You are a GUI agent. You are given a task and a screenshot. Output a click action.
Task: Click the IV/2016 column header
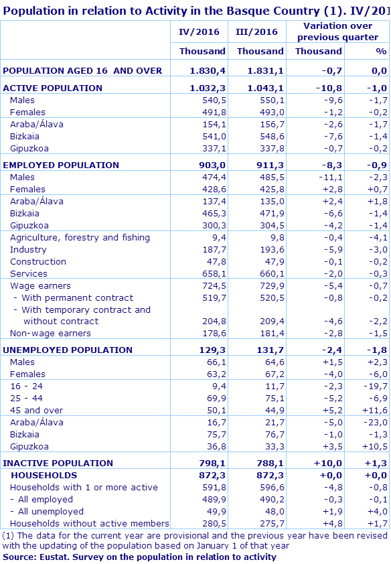pos(199,31)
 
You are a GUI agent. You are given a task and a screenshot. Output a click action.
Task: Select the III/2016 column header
pos(256,31)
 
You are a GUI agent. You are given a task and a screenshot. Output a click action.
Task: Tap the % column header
pos(381,51)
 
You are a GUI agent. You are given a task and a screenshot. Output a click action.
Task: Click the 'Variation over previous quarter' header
pos(337,31)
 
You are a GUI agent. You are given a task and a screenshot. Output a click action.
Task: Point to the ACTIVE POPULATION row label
pos(53,88)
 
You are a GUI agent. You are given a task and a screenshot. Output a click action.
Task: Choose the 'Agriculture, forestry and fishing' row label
pos(80,237)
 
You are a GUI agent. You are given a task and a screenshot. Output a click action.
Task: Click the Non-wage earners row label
pos(50,333)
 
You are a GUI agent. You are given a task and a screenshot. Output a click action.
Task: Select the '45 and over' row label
pos(36,410)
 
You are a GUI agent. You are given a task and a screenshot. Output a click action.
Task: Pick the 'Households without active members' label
pos(90,523)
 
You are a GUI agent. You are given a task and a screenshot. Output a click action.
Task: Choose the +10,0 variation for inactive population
pos(328,463)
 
